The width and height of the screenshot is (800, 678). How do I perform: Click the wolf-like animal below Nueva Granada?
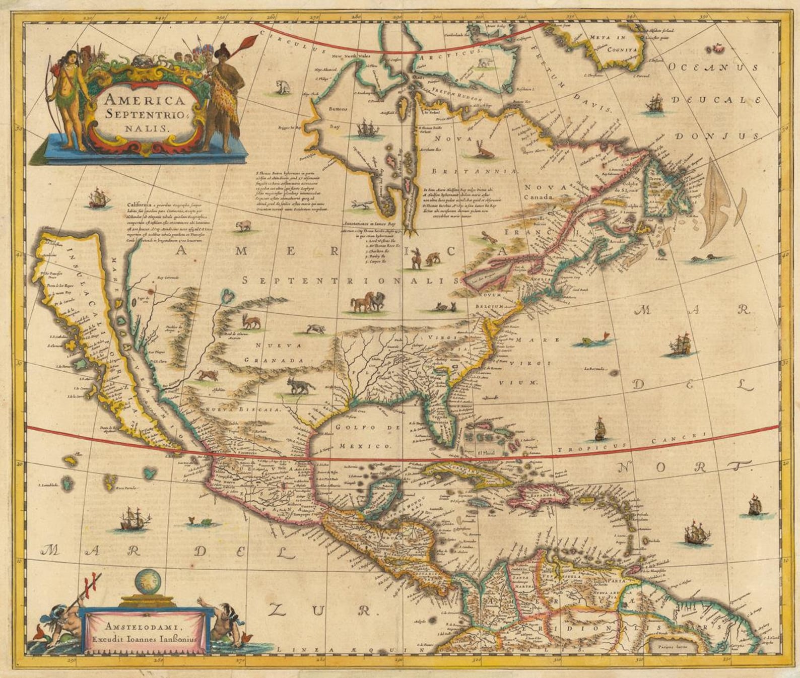click(300, 385)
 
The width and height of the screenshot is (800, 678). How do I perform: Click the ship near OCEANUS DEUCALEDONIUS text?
click(655, 105)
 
